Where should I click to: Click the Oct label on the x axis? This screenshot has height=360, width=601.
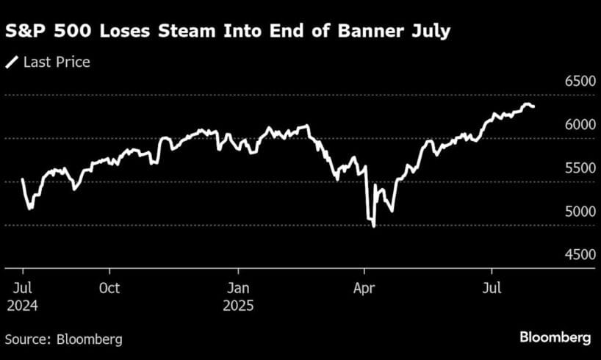tap(109, 288)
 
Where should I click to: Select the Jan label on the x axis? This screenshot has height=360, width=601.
tap(238, 288)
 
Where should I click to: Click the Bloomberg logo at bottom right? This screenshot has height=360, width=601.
tap(555, 338)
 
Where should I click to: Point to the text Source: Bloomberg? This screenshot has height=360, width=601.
tap(64, 339)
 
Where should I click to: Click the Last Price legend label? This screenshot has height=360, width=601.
tap(57, 62)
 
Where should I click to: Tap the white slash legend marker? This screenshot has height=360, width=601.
tap(12, 62)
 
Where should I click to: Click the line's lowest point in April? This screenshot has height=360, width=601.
tap(374, 226)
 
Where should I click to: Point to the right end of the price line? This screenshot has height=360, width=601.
tap(534, 107)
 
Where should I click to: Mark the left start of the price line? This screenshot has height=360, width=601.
tap(22, 179)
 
